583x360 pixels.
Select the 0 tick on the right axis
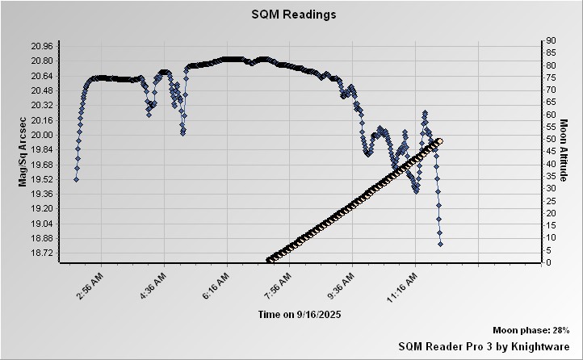[x=550, y=262]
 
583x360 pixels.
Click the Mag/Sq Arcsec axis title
[x=23, y=152]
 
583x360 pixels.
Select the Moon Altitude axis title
[x=564, y=152]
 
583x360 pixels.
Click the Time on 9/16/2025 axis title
[x=298, y=313]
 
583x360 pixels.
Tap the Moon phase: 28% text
[x=531, y=330]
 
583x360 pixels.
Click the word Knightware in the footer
[x=542, y=345]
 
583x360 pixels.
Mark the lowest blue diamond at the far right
[x=440, y=244]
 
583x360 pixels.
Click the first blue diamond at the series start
[x=76, y=179]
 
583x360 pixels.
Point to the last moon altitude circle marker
[x=439, y=141]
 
